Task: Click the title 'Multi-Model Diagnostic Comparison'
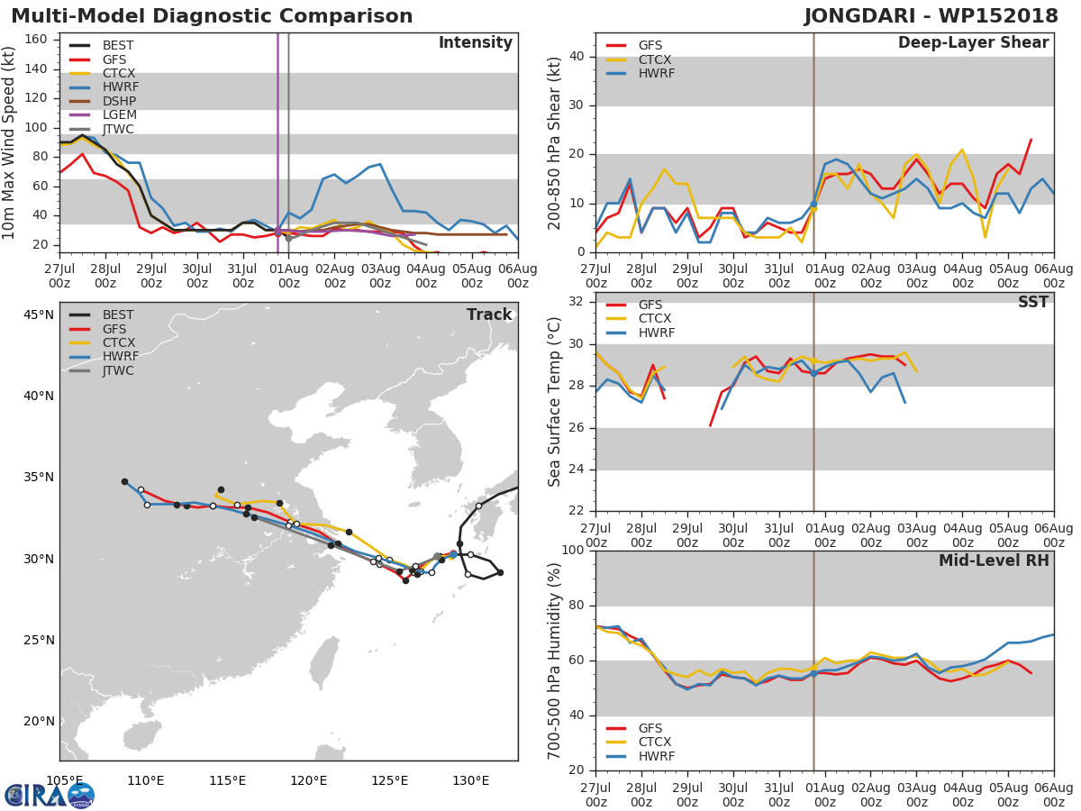[x=212, y=16]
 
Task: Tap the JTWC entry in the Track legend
[x=118, y=371]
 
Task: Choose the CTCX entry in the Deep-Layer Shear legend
[x=656, y=59]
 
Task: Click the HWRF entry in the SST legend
[x=656, y=333]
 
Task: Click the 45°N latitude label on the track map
[x=39, y=314]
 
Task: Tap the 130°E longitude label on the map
[x=470, y=780]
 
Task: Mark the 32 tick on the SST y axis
[x=577, y=303]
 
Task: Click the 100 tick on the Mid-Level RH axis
[x=573, y=551]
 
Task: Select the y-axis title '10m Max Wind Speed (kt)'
[x=11, y=142]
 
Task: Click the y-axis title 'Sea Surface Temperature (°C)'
[x=555, y=401]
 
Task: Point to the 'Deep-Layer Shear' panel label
[x=973, y=43]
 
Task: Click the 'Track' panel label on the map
[x=489, y=315]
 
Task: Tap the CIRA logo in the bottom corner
[x=50, y=795]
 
